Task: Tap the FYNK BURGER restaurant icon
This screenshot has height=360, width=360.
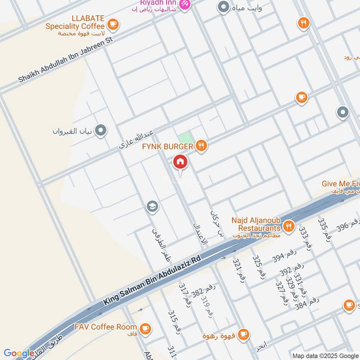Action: click(x=202, y=146)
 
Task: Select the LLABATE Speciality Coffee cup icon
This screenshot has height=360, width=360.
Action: click(x=113, y=23)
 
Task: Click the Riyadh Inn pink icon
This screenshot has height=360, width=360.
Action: click(x=184, y=4)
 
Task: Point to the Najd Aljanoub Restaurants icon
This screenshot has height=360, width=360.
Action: click(x=289, y=226)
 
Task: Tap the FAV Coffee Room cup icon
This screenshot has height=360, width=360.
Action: click(x=145, y=329)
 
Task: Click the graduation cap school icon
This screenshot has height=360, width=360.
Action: click(x=152, y=207)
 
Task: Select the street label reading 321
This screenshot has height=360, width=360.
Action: click(x=238, y=270)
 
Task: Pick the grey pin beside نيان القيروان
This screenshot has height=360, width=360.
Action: click(x=101, y=131)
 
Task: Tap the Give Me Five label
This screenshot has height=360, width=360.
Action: click(x=340, y=184)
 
